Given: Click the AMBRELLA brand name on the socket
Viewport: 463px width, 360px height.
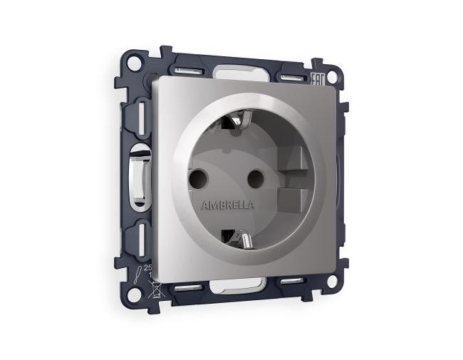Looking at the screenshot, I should coord(227,205).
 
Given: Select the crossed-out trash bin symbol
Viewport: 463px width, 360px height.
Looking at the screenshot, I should coord(152,289).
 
